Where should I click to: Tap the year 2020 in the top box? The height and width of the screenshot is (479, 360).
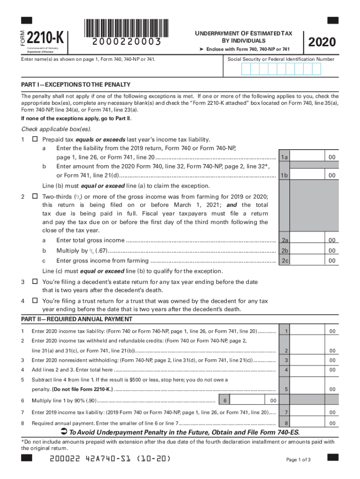tap(322, 42)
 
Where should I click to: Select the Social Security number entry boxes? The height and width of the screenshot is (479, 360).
tap(281, 69)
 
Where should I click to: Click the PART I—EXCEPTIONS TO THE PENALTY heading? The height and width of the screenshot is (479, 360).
tap(75, 85)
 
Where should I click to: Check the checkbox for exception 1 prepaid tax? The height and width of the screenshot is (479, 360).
tap(35, 140)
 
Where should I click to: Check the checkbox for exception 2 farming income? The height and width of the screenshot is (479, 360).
tap(35, 197)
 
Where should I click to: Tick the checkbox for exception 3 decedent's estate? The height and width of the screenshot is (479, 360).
tap(35, 282)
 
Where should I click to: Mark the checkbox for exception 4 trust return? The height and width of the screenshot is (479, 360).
tap(35, 301)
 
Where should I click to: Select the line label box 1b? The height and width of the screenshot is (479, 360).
tap(284, 175)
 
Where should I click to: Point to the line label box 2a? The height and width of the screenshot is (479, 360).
tap(284, 240)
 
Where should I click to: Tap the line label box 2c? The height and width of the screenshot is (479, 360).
tap(284, 261)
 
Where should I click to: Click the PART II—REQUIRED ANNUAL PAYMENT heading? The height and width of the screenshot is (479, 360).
tap(77, 319)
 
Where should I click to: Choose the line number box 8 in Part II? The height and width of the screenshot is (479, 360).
tap(286, 423)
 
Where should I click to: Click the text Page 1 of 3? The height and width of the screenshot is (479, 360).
tap(298, 460)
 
